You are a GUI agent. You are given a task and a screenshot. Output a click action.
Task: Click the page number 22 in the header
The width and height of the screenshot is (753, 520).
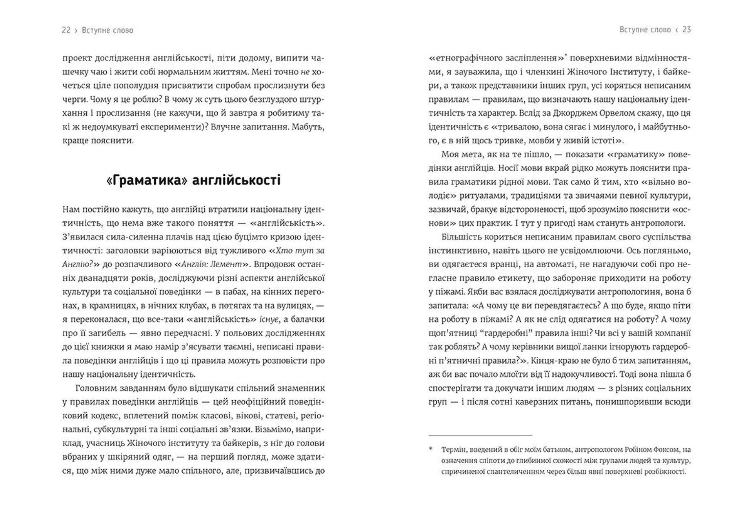[66, 30]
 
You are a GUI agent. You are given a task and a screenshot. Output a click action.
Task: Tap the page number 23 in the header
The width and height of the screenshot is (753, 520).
[686, 29]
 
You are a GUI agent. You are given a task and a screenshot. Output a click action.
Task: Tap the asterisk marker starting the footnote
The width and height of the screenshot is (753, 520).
[431, 449]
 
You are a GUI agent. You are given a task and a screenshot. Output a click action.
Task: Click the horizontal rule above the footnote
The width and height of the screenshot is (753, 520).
[480, 435]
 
